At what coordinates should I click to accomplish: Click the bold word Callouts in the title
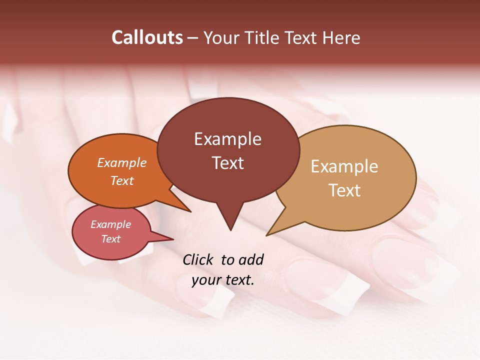(x=147, y=37)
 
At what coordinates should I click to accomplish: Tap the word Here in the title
(x=341, y=38)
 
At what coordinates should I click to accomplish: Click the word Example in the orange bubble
(x=122, y=162)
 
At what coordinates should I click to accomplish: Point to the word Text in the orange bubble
(x=122, y=180)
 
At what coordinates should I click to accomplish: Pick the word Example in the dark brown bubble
(x=227, y=139)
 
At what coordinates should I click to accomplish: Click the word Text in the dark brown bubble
(x=227, y=163)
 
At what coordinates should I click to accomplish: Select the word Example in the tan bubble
(x=344, y=166)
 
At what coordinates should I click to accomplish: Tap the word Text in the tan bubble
(x=344, y=190)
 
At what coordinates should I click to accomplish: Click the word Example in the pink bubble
(x=111, y=224)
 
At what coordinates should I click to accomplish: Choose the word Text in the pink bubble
(x=111, y=239)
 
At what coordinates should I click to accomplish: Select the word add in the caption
(x=251, y=259)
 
